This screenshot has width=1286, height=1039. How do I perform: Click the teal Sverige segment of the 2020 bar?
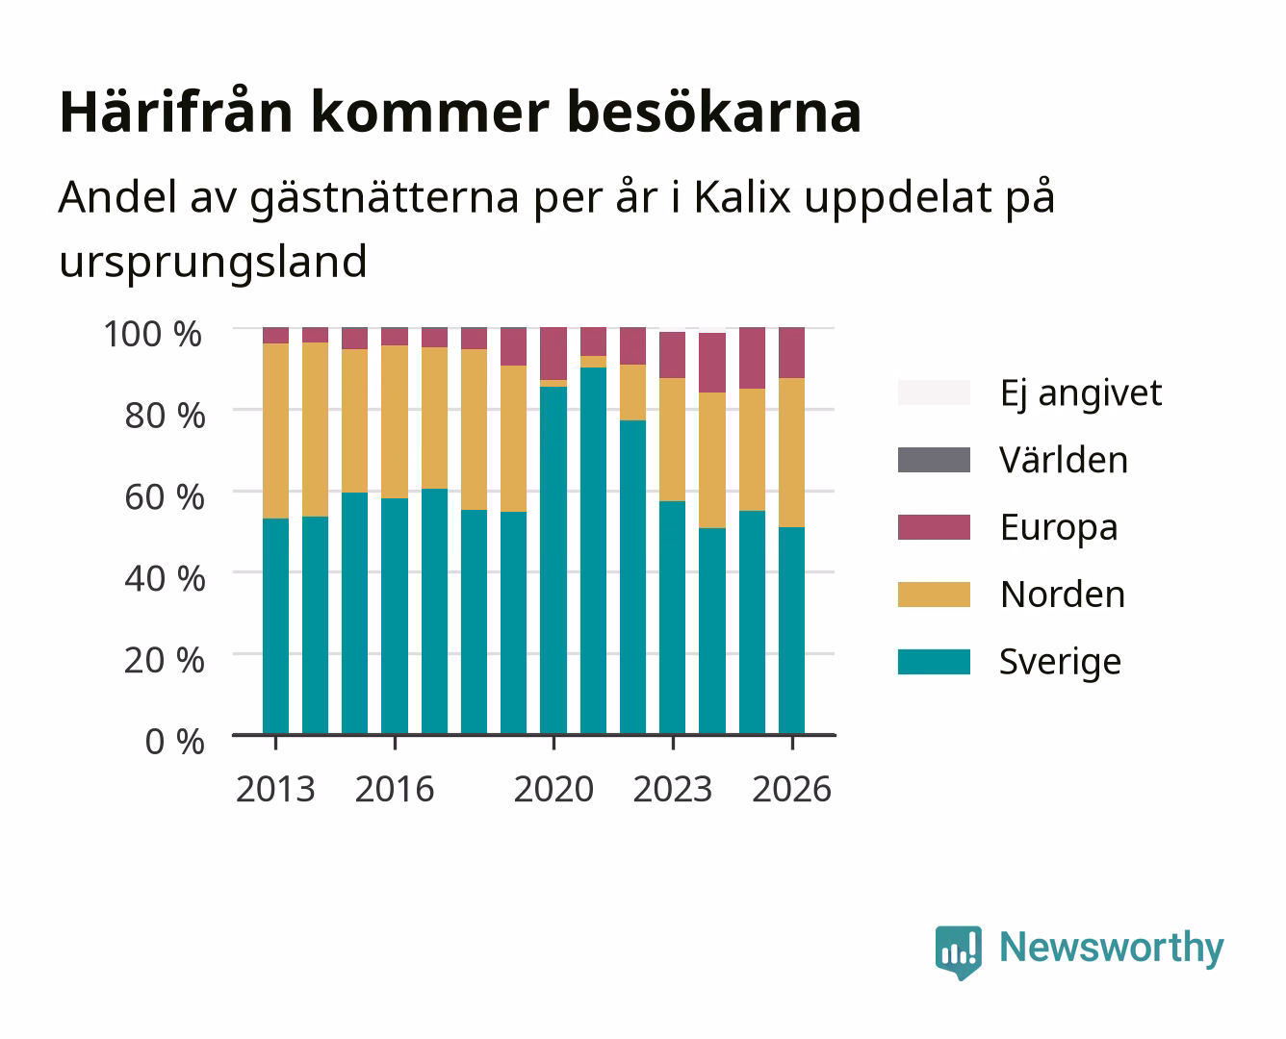click(553, 560)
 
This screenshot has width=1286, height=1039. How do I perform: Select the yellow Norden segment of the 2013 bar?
click(276, 431)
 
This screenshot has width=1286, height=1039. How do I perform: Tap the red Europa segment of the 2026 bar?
click(791, 353)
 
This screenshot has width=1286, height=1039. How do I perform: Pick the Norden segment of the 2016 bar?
click(395, 421)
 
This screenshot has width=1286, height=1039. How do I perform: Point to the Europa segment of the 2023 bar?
click(673, 355)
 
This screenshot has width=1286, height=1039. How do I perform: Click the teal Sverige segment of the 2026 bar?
click(791, 630)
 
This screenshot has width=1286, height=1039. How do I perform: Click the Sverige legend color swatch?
click(934, 661)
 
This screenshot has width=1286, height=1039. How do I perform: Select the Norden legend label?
click(1063, 595)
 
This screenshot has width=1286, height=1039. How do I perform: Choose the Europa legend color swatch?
click(934, 527)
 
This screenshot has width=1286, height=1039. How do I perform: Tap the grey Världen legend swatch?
click(934, 460)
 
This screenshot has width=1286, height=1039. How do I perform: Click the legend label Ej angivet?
click(1081, 394)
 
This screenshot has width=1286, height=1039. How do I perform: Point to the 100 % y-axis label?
click(153, 334)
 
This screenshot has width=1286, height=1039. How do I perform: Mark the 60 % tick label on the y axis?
click(165, 497)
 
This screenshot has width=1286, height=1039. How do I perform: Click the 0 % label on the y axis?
click(174, 742)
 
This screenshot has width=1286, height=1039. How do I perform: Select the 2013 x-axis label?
click(275, 789)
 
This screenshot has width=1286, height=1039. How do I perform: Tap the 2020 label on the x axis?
click(553, 789)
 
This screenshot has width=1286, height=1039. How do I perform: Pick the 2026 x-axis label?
click(791, 789)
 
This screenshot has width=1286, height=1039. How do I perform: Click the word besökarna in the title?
click(714, 113)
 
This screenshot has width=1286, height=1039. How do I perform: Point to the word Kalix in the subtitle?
click(742, 196)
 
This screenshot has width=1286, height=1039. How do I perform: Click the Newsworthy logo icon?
click(958, 952)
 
